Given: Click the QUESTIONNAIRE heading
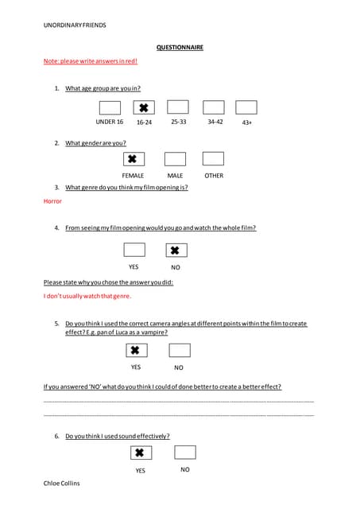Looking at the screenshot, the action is tap(180, 48).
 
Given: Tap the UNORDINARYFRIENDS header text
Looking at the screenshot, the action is tap(75, 25).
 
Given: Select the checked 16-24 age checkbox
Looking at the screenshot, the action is tap(144, 107).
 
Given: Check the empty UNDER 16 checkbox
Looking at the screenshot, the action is tap(110, 107).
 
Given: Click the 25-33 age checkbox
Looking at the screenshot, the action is tap(178, 107).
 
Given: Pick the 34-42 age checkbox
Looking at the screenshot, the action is tap(214, 107).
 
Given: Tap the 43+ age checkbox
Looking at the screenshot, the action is tap(246, 107).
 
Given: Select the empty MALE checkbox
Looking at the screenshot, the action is tap(175, 159).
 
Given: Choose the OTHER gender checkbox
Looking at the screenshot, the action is tap(213, 159).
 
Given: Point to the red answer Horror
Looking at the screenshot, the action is tap(52, 202).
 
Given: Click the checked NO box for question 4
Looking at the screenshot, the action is tap(176, 251).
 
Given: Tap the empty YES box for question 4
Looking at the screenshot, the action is tap(134, 251).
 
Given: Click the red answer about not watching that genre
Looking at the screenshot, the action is tap(87, 296).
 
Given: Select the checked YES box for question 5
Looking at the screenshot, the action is tap(135, 350).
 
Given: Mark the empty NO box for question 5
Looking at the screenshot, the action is tap(180, 350).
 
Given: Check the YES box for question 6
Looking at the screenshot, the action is tap(140, 453).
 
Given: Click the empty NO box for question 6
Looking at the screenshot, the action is tap(184, 453).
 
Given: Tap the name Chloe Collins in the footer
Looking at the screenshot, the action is tap(62, 483).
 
